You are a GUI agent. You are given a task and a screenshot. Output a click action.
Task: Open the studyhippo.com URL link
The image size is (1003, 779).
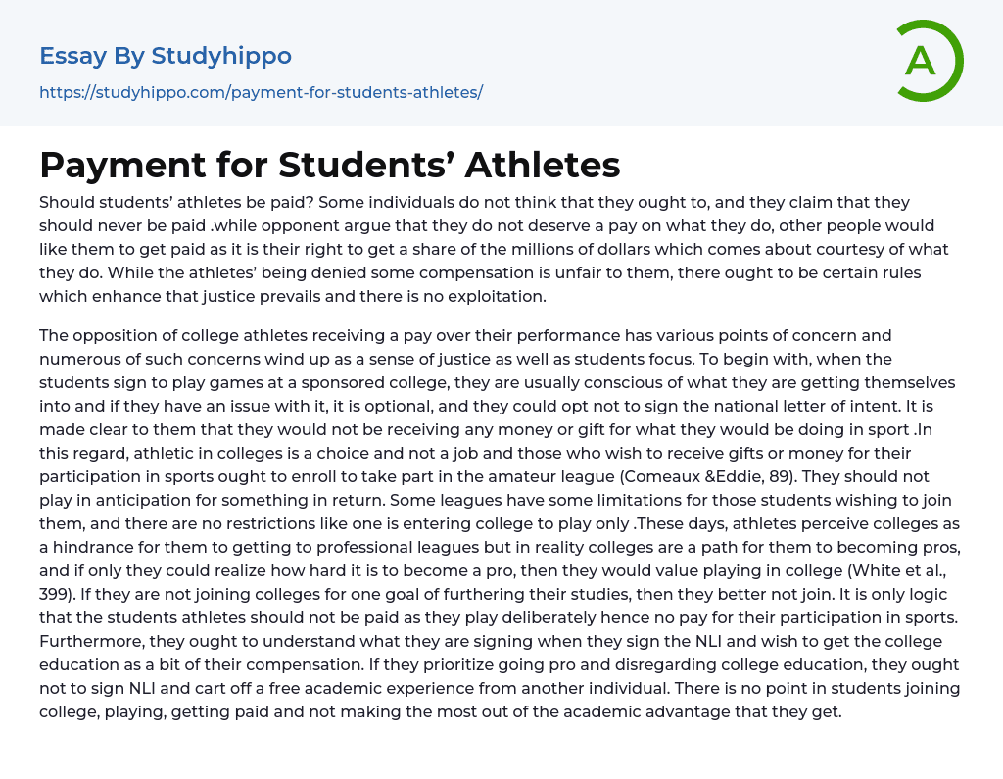[261, 92]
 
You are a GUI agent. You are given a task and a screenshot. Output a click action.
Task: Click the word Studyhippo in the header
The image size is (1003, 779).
[221, 56]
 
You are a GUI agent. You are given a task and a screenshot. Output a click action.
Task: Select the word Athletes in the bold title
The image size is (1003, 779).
[543, 165]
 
